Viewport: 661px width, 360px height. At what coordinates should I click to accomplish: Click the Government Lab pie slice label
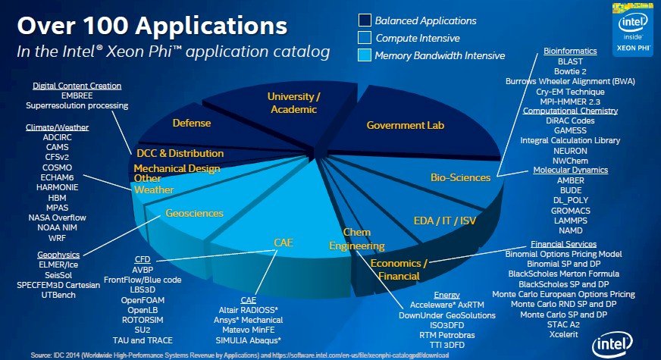tap(405, 125)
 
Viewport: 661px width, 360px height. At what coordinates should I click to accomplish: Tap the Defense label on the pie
tap(191, 122)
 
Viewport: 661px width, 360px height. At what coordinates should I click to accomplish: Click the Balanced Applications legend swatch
tap(365, 20)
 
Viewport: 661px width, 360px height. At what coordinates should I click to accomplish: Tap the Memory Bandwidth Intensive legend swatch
tap(365, 55)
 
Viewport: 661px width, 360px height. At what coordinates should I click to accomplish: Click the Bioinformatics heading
tap(570, 51)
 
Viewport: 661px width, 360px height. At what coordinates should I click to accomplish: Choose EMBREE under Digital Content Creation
tap(77, 95)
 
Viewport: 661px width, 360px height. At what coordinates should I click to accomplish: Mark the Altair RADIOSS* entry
tap(248, 310)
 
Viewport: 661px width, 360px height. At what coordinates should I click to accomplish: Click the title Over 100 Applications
tap(152, 27)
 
